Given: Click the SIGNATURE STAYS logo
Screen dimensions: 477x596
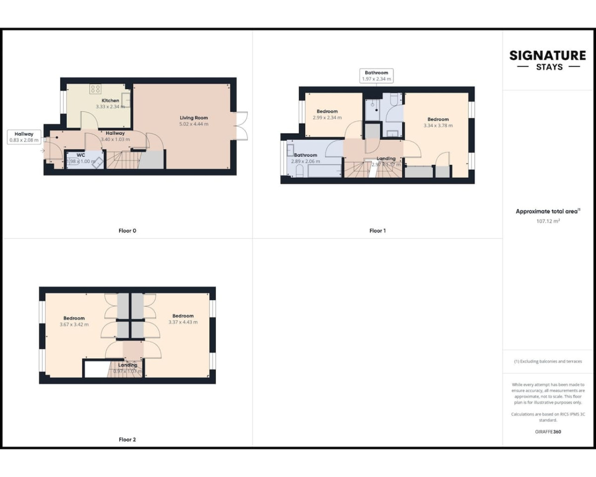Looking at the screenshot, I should [x=548, y=60].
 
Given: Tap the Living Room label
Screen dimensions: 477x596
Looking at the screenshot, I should [x=194, y=118].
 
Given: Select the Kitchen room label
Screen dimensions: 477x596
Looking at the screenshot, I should [x=110, y=101].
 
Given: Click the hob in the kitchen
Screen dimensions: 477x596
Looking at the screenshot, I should [x=95, y=89].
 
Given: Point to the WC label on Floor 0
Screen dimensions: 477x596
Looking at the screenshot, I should [x=81, y=155].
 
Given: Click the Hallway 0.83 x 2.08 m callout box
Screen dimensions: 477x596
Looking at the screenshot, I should [x=24, y=137].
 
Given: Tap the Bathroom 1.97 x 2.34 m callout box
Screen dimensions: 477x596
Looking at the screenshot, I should [x=376, y=76].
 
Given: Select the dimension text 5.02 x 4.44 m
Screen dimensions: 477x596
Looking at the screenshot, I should [x=194, y=124].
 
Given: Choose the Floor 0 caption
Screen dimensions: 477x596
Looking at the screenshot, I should [x=127, y=231].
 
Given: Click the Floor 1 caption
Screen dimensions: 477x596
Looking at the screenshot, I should [x=377, y=231].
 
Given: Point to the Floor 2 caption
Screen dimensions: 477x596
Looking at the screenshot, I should [x=127, y=439].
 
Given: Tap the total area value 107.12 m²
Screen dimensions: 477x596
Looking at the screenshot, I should [x=548, y=221].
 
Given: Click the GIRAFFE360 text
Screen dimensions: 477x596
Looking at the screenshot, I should [x=548, y=432].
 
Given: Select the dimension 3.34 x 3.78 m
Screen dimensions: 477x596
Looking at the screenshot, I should [x=438, y=126].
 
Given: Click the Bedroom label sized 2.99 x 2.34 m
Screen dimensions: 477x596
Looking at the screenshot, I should [x=327, y=111].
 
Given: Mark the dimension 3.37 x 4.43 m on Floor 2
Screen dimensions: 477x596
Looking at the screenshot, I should [x=183, y=322].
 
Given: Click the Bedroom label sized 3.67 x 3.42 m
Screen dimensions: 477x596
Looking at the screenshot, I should [x=74, y=318].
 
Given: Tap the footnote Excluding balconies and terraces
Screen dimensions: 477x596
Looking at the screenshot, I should [x=548, y=361].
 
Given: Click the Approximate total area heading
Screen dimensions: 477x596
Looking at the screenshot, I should [x=547, y=211].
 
